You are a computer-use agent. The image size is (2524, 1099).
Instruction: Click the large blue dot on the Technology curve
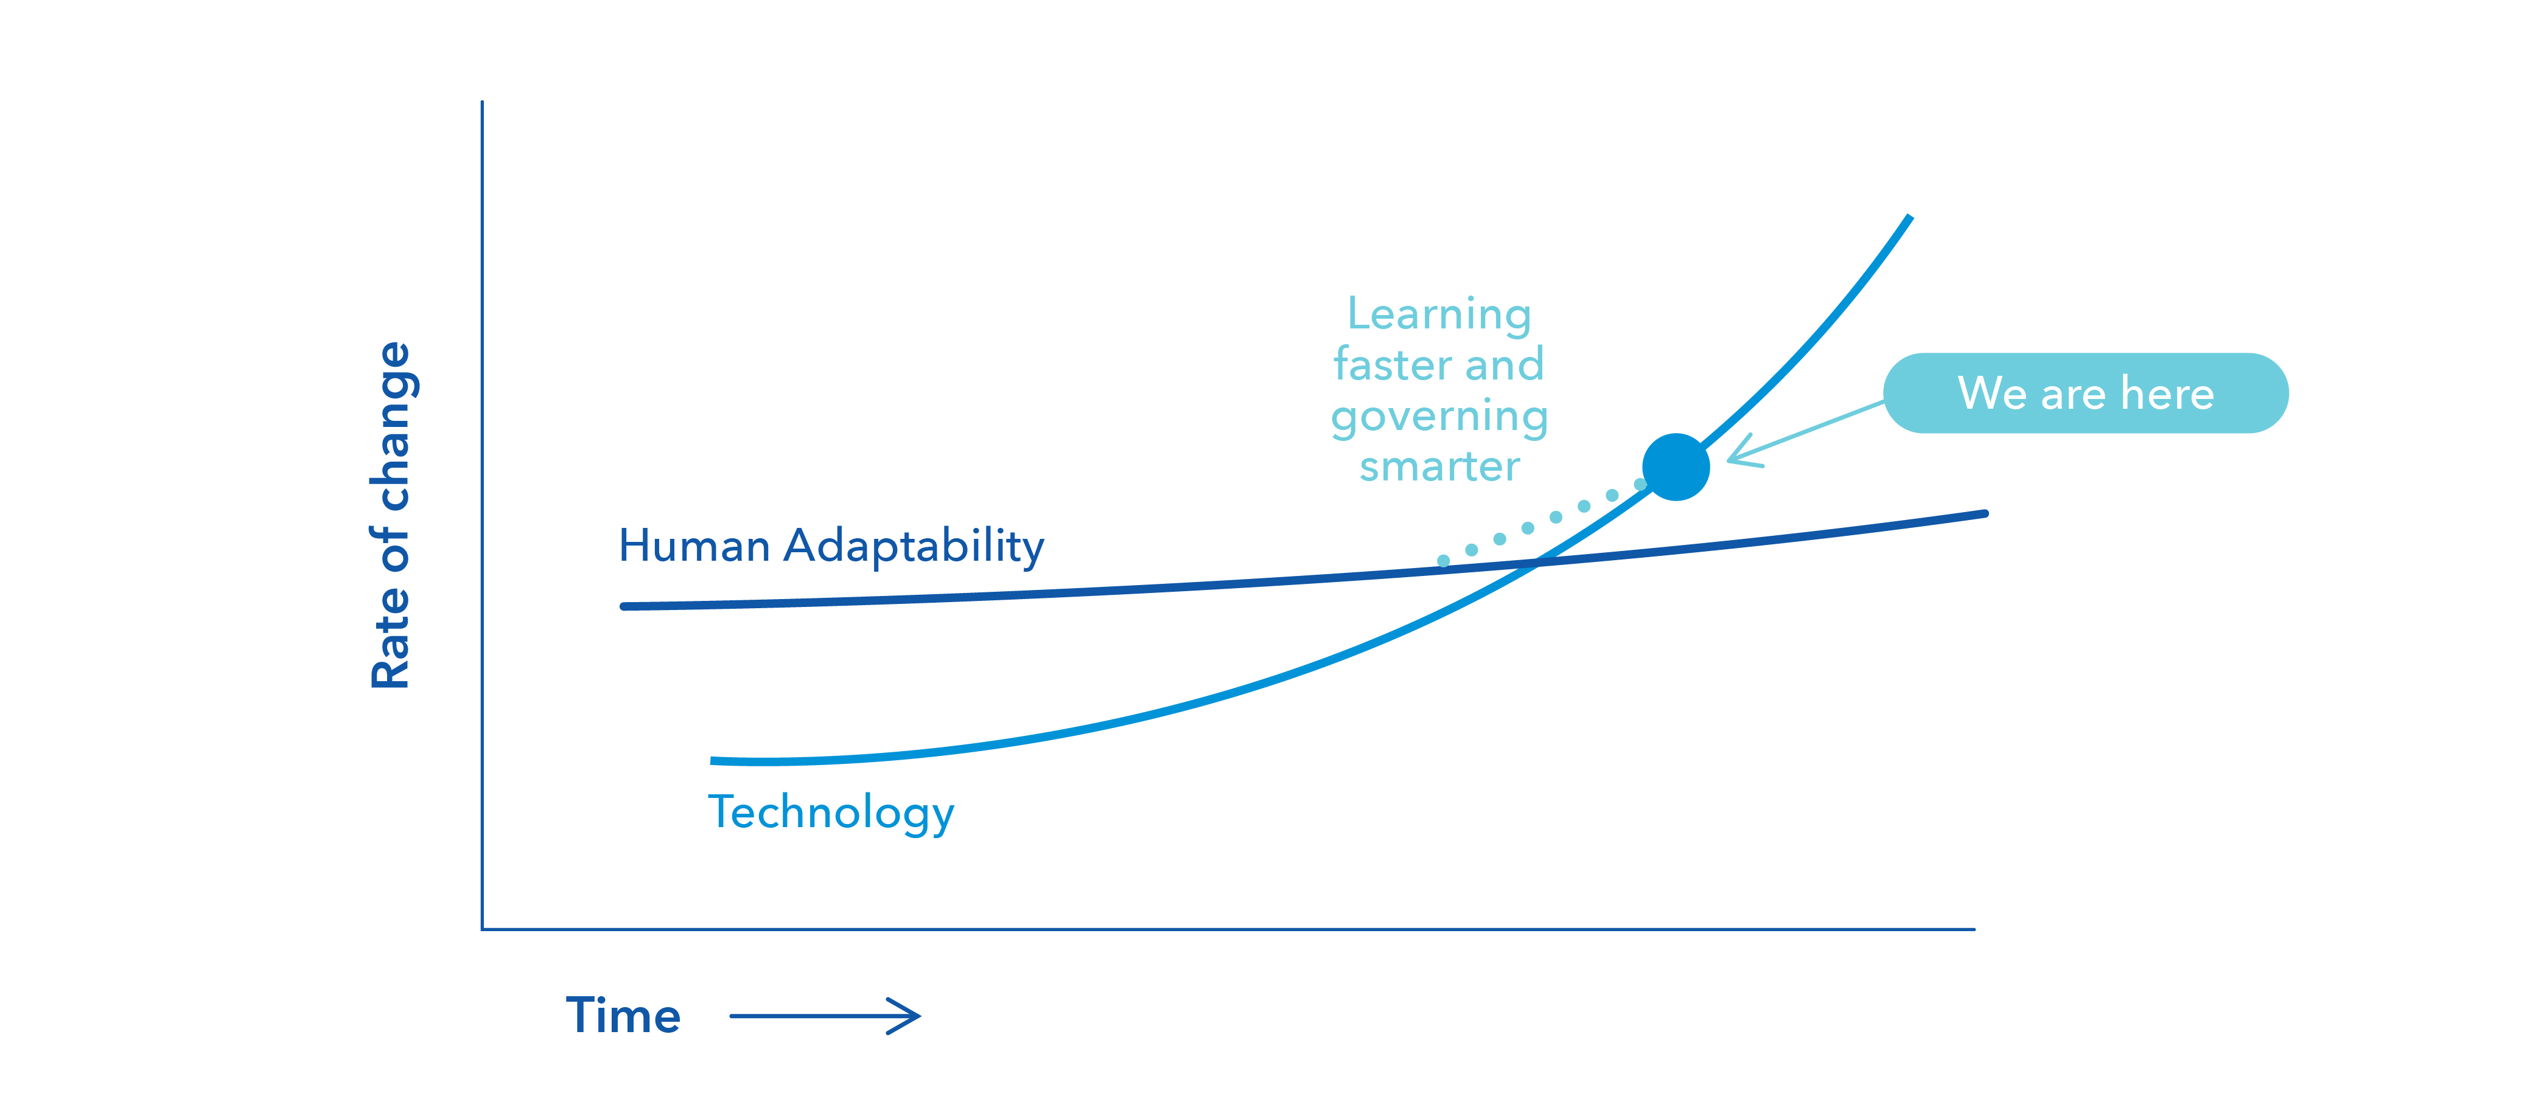pos(1676,467)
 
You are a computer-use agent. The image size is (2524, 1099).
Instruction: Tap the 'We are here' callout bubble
pos(2086,393)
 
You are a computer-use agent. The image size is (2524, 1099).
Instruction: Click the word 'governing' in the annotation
pos(1439,417)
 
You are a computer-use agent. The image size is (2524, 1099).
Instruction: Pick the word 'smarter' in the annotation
pos(1439,466)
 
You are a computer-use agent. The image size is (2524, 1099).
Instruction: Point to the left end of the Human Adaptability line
pos(624,606)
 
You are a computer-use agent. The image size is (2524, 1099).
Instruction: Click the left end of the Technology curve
pos(712,760)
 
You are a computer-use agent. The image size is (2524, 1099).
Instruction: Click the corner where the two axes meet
pos(482,929)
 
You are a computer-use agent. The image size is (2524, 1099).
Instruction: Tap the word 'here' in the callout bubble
pos(2167,393)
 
